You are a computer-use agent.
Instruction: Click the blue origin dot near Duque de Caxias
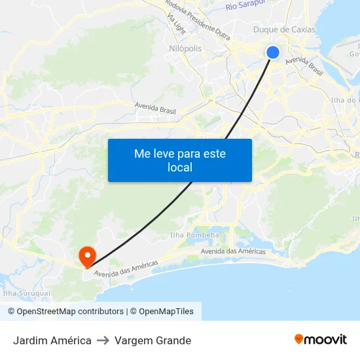click(x=273, y=52)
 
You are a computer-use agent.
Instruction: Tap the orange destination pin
click(x=86, y=255)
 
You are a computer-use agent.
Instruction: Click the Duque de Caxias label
click(x=284, y=29)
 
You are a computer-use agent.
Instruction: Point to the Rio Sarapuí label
click(x=245, y=5)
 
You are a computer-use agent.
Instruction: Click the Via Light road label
click(x=176, y=23)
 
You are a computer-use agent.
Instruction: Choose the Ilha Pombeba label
click(x=194, y=234)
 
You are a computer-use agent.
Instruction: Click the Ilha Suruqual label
click(x=27, y=294)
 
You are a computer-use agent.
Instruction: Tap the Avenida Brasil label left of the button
click(x=155, y=108)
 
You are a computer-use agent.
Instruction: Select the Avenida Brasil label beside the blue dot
click(x=304, y=65)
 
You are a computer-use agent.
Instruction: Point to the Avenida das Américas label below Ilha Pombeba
click(x=233, y=251)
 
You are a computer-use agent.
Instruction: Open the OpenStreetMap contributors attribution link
click(x=65, y=312)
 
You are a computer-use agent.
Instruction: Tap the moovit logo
click(x=321, y=339)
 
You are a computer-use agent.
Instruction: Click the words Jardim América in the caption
click(x=52, y=340)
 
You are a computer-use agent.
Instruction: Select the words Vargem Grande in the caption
click(x=153, y=340)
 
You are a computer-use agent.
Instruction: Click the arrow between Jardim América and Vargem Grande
click(x=103, y=340)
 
